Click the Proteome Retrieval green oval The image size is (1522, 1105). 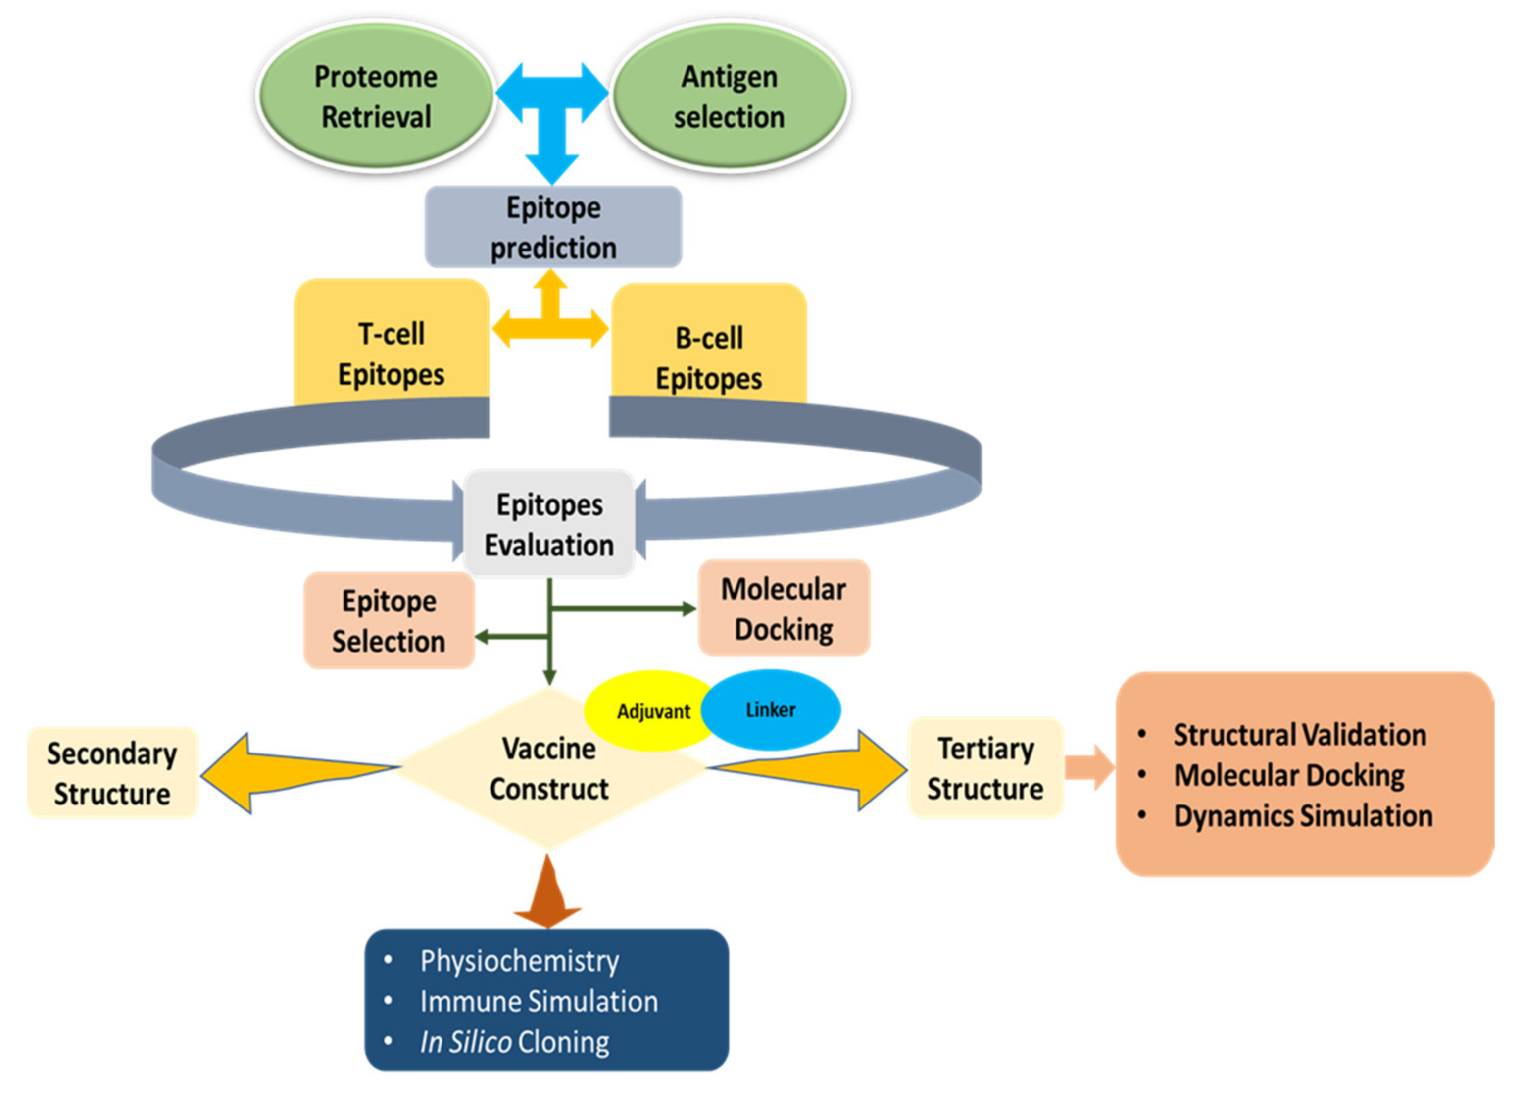tap(376, 96)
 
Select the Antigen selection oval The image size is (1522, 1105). tap(730, 96)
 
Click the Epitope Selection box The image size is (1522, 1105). tap(389, 620)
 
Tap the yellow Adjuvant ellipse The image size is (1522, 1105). tap(644, 711)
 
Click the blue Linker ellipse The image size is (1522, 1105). tap(772, 709)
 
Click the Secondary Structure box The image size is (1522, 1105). tap(112, 773)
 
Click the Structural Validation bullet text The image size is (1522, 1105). tap(1299, 734)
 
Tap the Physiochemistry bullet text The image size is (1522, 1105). tap(519, 960)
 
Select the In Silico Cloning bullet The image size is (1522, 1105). tap(514, 1042)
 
